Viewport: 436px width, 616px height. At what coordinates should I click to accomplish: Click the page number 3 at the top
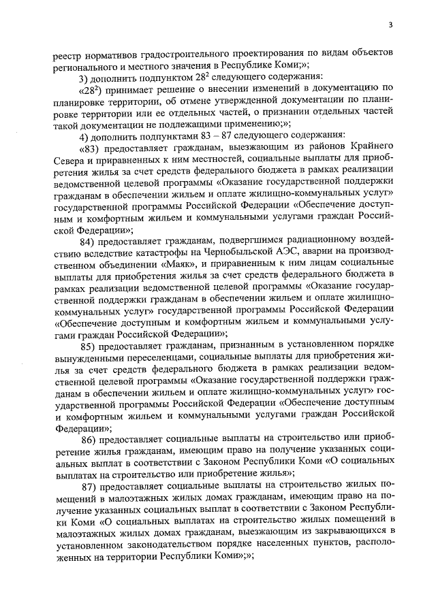391,25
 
